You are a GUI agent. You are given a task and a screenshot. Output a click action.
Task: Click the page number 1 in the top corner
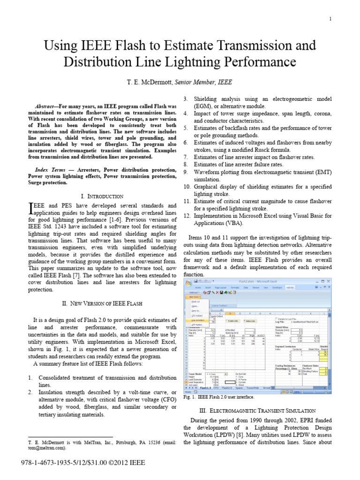(x=330, y=19)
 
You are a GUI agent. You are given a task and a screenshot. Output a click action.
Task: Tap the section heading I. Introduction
(x=102, y=196)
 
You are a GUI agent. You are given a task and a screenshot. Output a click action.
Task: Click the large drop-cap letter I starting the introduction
(x=31, y=208)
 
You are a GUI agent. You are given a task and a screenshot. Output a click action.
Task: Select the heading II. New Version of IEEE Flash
(x=102, y=304)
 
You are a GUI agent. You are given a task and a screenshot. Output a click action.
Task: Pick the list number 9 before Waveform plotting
(x=185, y=172)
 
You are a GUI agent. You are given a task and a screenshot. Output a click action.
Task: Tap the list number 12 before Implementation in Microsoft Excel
(x=186, y=216)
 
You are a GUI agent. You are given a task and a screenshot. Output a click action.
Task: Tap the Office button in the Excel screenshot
(x=188, y=283)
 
